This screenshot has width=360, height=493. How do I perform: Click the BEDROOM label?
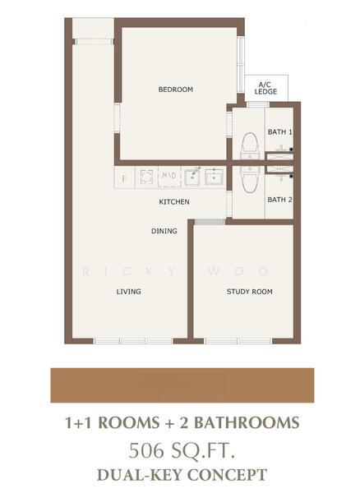click(x=175, y=90)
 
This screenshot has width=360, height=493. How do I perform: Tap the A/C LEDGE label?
click(x=265, y=89)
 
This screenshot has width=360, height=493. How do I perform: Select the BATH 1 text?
click(x=279, y=132)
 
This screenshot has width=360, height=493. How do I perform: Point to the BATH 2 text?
click(x=279, y=200)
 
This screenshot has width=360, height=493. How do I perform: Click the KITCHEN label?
click(x=174, y=202)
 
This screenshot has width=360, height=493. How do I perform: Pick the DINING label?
click(x=164, y=231)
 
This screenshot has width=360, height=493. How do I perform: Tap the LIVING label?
click(x=128, y=292)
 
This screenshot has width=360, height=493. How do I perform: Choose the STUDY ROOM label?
click(x=249, y=292)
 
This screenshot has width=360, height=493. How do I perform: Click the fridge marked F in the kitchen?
click(x=124, y=178)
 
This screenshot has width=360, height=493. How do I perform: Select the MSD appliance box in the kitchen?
click(x=169, y=177)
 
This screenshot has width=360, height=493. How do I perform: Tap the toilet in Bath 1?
click(x=250, y=146)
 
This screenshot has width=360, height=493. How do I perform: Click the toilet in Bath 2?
click(x=250, y=179)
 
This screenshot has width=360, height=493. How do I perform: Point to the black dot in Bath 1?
click(x=292, y=150)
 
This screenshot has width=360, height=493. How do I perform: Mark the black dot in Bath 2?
click(x=292, y=177)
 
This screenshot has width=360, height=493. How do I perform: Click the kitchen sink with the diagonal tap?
click(x=193, y=177)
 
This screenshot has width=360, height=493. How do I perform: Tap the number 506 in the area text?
click(x=146, y=450)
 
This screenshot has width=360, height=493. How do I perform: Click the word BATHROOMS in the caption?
click(x=247, y=422)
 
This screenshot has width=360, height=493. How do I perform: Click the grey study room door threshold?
click(x=210, y=222)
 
